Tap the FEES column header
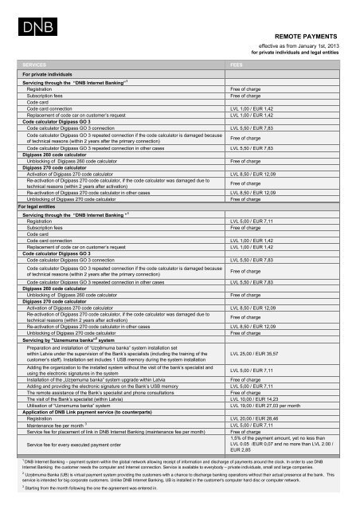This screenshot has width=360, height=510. [237, 63]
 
